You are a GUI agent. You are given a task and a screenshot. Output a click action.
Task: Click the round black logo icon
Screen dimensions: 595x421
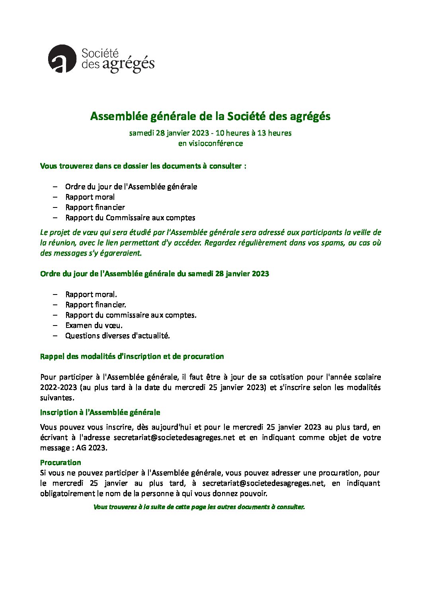[x=62, y=59]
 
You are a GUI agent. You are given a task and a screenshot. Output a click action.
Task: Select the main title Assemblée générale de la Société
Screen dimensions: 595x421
[x=210, y=116]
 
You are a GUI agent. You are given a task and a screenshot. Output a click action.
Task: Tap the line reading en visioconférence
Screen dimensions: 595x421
[x=210, y=143]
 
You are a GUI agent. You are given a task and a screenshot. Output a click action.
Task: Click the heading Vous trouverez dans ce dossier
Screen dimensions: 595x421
[x=143, y=166]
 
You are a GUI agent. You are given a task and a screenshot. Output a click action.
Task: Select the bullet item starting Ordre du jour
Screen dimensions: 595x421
[x=131, y=187]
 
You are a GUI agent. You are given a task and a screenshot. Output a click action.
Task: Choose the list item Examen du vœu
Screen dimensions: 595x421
[x=94, y=326]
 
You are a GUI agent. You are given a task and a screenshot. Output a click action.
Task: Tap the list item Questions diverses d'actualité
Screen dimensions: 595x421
[x=117, y=336]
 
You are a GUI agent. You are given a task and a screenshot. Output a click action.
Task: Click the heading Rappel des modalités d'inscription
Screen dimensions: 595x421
[x=132, y=357]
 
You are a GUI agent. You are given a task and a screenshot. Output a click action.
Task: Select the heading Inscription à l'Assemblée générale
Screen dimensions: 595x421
[x=100, y=413]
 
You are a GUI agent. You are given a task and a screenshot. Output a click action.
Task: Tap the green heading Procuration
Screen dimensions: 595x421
[x=60, y=463]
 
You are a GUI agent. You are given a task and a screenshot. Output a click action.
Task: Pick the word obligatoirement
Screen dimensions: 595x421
[x=68, y=494]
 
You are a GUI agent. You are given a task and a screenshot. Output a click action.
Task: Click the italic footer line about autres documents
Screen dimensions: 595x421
[x=199, y=507]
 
